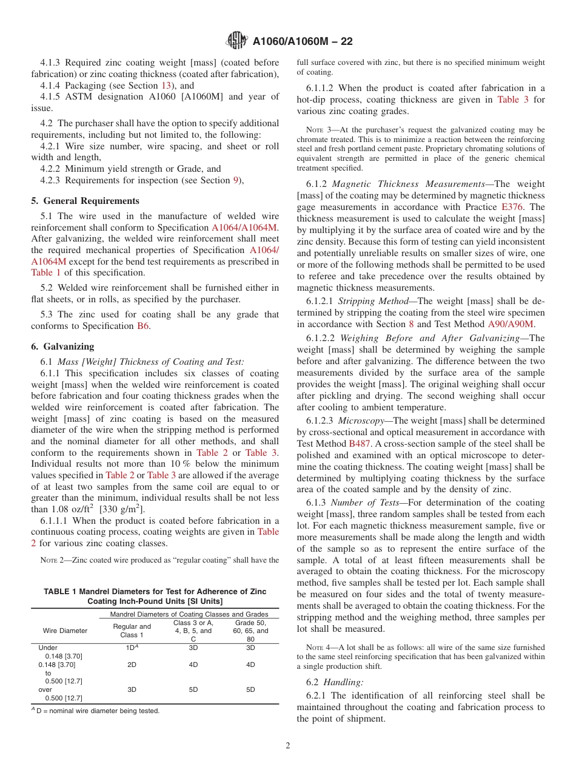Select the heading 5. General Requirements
85,201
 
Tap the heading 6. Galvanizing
62,347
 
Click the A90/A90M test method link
511,324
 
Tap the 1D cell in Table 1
132,648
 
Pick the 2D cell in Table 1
132,665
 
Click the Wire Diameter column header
65,631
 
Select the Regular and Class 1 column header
132,631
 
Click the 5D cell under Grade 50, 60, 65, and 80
250,689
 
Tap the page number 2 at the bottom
288,746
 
